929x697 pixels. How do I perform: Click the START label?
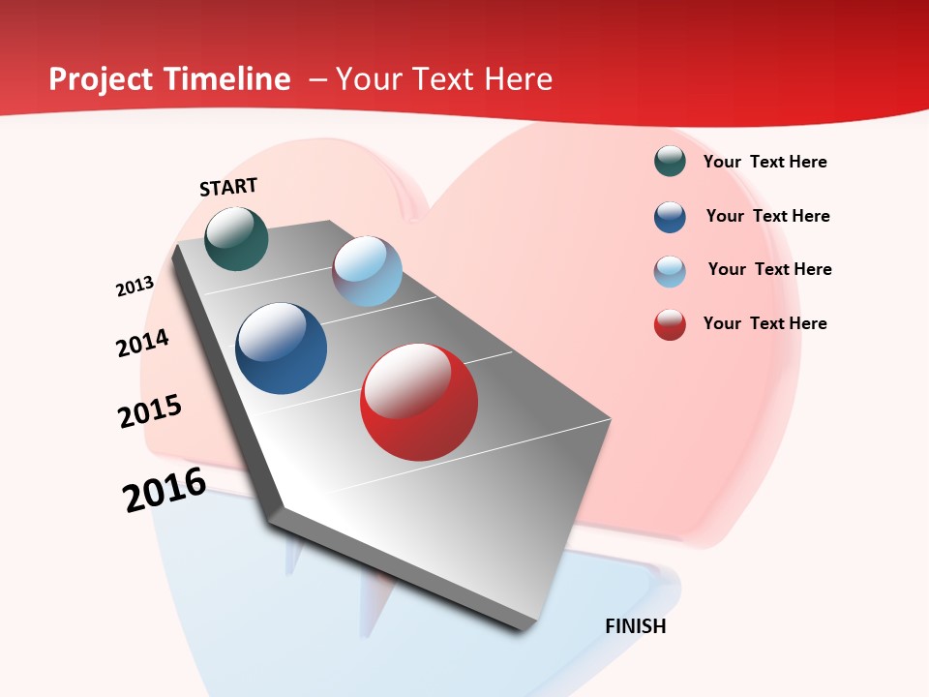click(x=228, y=187)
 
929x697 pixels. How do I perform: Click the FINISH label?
click(x=636, y=626)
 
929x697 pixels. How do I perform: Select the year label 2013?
click(x=135, y=287)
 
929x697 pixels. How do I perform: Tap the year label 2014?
click(x=142, y=343)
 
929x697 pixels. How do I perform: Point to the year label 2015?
click(x=150, y=411)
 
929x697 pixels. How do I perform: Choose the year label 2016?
click(x=165, y=490)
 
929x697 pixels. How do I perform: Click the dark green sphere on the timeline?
click(x=236, y=238)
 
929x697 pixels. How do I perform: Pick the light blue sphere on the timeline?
click(x=367, y=271)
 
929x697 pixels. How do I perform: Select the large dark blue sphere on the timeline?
click(x=282, y=348)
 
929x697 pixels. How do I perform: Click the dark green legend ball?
click(x=670, y=162)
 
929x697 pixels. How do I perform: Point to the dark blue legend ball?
click(x=670, y=217)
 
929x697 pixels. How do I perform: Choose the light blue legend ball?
click(x=670, y=271)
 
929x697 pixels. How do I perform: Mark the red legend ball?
click(x=670, y=324)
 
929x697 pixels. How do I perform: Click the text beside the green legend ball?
click(x=764, y=162)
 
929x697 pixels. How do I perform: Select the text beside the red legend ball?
click(x=764, y=323)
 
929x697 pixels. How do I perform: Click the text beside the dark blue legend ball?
click(x=767, y=216)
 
